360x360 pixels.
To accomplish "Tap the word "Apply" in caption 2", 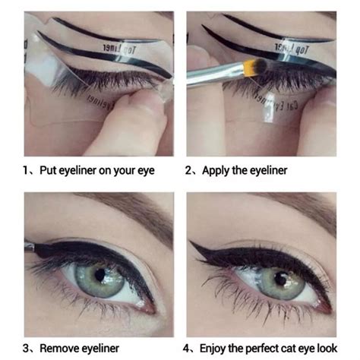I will coord(218,170).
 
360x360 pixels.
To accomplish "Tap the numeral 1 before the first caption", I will coord(26,170).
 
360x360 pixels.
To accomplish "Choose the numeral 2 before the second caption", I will coord(189,170).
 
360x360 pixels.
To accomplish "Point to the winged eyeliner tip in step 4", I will coord(193,243).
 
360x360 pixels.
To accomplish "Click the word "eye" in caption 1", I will coord(143,170).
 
